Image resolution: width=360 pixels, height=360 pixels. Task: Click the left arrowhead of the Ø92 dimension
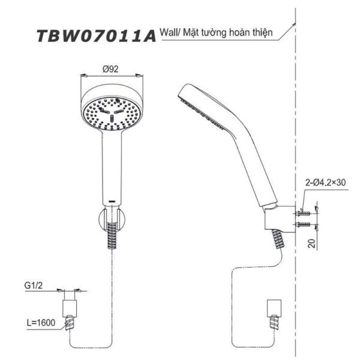(84, 75)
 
